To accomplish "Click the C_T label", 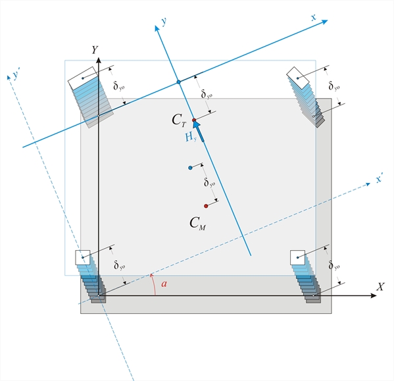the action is (x=179, y=120).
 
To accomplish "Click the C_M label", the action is (x=198, y=223).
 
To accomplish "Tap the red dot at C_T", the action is (x=194, y=120).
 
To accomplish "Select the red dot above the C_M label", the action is (x=206, y=206).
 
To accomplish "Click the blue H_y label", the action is (x=191, y=138).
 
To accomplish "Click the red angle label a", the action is (x=164, y=284).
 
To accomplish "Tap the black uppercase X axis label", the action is (x=380, y=287).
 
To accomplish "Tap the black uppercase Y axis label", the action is (x=95, y=50).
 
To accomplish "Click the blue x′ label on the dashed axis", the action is (x=379, y=179).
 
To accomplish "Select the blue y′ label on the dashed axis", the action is (x=16, y=74).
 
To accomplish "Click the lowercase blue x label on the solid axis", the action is (x=313, y=18).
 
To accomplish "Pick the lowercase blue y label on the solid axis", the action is (x=164, y=21).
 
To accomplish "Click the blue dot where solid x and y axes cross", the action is (x=179, y=82).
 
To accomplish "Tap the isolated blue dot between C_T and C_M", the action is (x=190, y=168).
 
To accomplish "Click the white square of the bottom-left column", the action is (x=83, y=257).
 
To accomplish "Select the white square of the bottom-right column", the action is (x=298, y=257).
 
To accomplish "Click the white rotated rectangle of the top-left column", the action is (x=83, y=78).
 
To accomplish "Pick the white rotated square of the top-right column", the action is (x=298, y=78).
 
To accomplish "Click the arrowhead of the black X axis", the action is (x=374, y=295).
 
